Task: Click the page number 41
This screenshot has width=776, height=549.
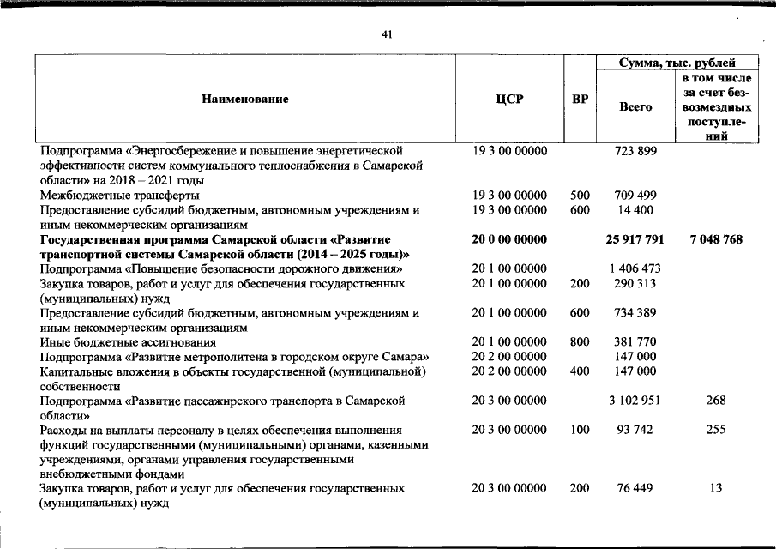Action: pyautogui.click(x=387, y=34)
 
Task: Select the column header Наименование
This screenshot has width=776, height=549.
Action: pyautogui.click(x=245, y=100)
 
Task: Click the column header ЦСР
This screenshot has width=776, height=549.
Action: pyautogui.click(x=509, y=100)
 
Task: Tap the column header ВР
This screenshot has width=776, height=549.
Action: pyautogui.click(x=580, y=100)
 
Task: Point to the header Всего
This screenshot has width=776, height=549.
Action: pyautogui.click(x=635, y=107)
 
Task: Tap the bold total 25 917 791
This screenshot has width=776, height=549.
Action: pyautogui.click(x=635, y=239)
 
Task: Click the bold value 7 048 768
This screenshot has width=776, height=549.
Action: pyautogui.click(x=715, y=239)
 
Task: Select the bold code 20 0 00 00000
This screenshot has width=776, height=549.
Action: pyautogui.click(x=509, y=239)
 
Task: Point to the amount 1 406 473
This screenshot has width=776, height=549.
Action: pyautogui.click(x=635, y=269)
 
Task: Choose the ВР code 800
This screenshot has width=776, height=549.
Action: pyautogui.click(x=580, y=341)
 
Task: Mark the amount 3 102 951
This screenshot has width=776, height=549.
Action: pyautogui.click(x=635, y=401)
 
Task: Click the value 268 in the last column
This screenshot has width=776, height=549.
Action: pyautogui.click(x=715, y=401)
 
